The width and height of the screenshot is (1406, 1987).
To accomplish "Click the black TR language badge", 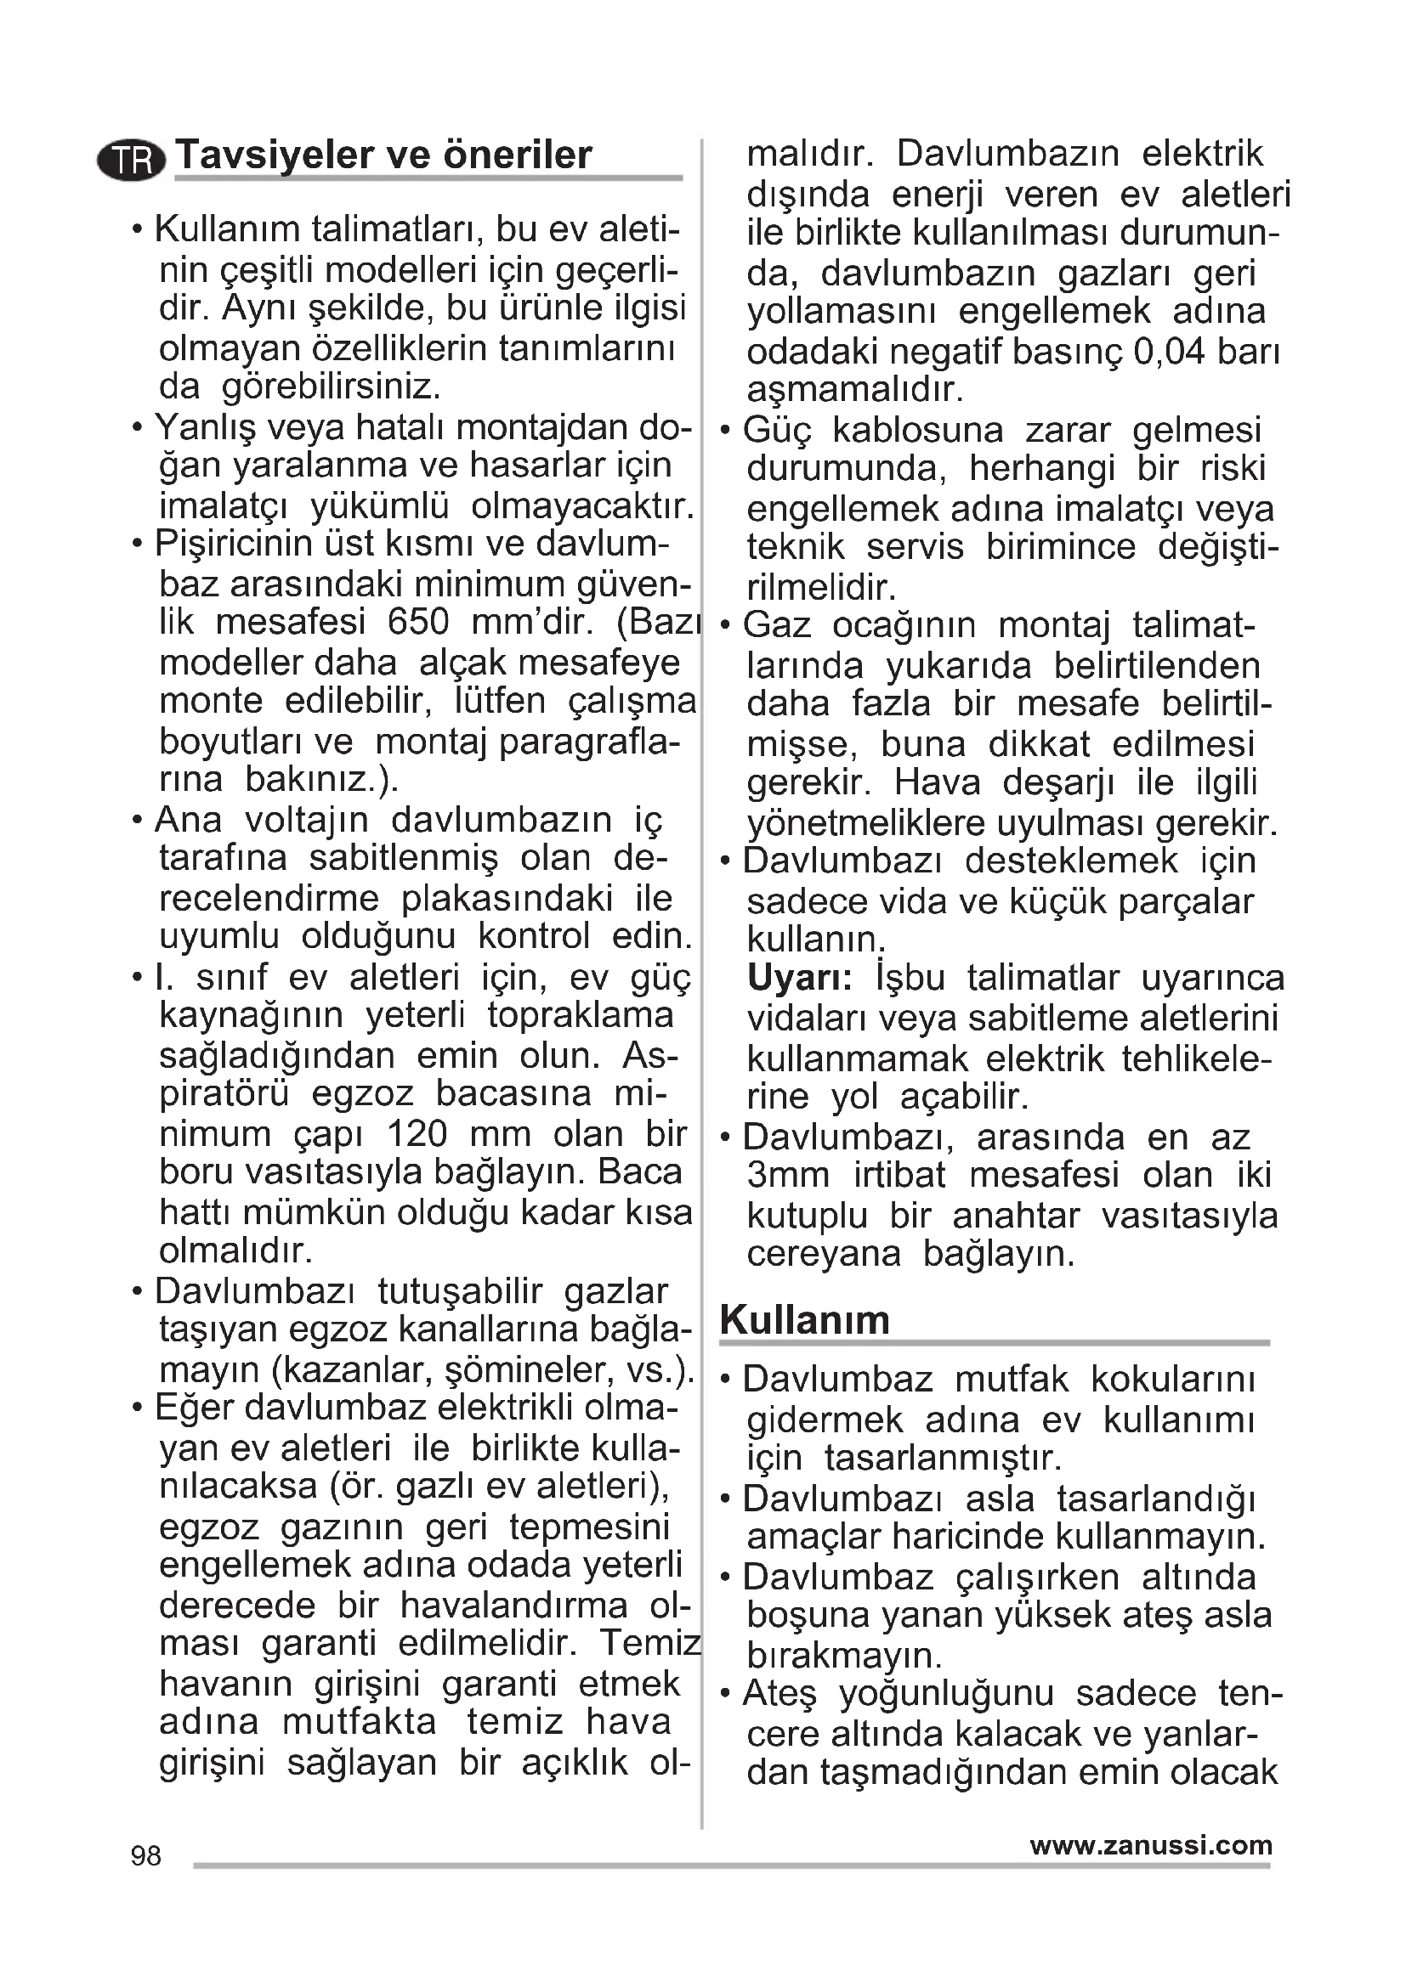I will coord(131,160).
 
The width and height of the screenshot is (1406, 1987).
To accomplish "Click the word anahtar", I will coord(1017,1215).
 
